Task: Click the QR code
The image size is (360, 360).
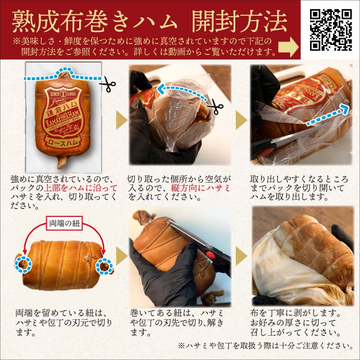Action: click(331, 30)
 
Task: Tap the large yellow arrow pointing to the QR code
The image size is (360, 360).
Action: click(288, 47)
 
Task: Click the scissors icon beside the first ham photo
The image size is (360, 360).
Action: click(108, 84)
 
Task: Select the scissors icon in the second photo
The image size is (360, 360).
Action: click(215, 107)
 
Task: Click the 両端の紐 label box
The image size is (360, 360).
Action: click(64, 223)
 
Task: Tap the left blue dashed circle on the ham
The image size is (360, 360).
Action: click(23, 265)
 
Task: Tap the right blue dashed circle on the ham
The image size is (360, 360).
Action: click(104, 266)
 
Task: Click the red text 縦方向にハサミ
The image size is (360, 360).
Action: click(200, 188)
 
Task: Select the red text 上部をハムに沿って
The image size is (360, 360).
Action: click(81, 188)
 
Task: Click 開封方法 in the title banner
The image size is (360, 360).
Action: click(239, 22)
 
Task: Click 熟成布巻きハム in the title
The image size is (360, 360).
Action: click(94, 22)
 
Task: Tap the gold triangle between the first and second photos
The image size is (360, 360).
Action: click(121, 120)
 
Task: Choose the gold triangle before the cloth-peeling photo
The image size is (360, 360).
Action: click(241, 256)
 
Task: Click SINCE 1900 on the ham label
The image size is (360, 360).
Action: click(63, 94)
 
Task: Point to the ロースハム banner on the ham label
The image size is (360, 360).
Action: click(63, 142)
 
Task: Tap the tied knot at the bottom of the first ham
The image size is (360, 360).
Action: click(62, 162)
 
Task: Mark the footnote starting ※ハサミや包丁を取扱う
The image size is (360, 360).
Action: click(265, 346)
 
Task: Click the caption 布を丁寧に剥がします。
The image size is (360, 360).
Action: click(296, 313)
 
